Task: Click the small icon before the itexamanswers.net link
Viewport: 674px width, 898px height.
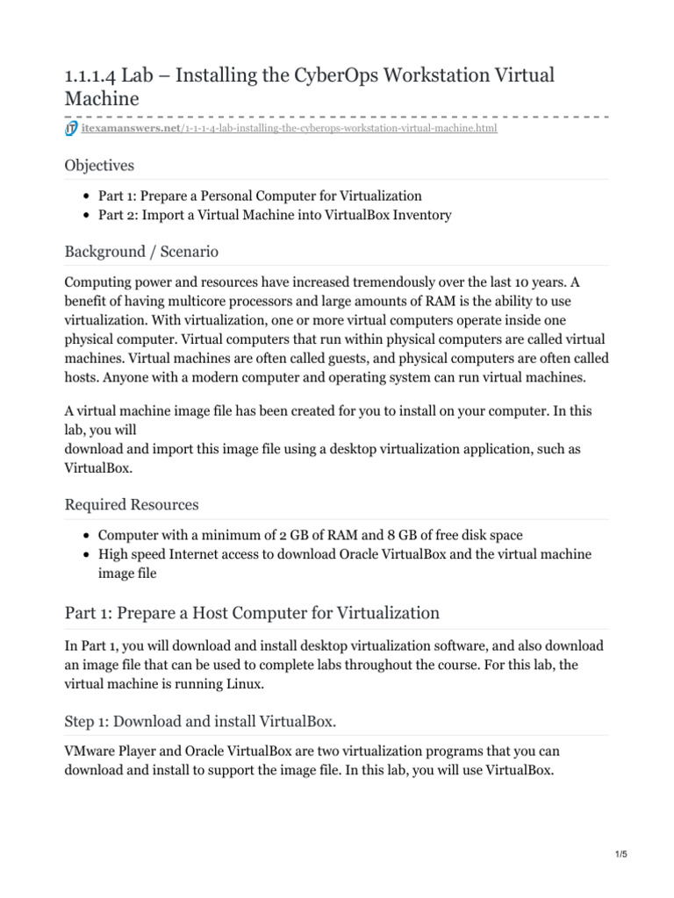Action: pyautogui.click(x=71, y=130)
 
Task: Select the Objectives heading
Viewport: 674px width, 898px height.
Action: pyautogui.click(x=99, y=165)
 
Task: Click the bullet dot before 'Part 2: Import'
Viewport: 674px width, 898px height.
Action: pyautogui.click(x=86, y=216)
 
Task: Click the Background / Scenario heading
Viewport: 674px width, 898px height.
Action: pyautogui.click(x=141, y=252)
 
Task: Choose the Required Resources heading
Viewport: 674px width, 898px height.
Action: pyautogui.click(x=132, y=504)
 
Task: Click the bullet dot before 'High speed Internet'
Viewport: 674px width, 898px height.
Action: pyautogui.click(x=86, y=555)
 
